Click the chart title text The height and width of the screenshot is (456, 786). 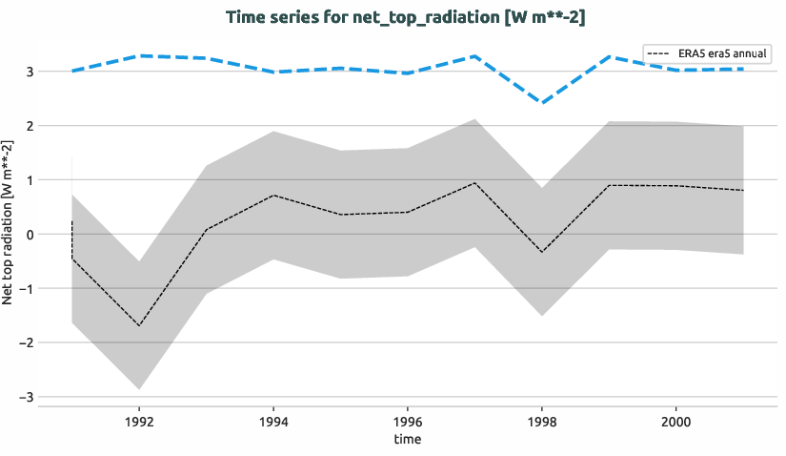[x=412, y=18]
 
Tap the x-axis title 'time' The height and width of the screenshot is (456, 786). [x=407, y=439]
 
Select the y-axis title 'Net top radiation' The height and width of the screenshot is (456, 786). [x=9, y=221]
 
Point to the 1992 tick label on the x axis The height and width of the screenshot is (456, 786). [x=139, y=420]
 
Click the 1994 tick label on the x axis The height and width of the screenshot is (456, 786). [x=273, y=420]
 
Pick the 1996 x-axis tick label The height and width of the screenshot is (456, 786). [x=408, y=420]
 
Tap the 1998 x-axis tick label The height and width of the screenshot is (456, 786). [x=541, y=420]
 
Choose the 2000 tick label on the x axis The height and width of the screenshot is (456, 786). [x=675, y=420]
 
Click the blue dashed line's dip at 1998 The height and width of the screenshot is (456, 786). [x=541, y=102]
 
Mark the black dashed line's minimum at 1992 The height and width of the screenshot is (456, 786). [x=139, y=326]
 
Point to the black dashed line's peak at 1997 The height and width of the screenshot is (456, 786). [x=474, y=182]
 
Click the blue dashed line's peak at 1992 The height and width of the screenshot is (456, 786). [x=139, y=56]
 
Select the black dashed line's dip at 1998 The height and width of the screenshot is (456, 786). [x=541, y=252]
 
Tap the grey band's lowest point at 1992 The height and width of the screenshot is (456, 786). [x=139, y=389]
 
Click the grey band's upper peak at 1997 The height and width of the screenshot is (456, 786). [x=474, y=119]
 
